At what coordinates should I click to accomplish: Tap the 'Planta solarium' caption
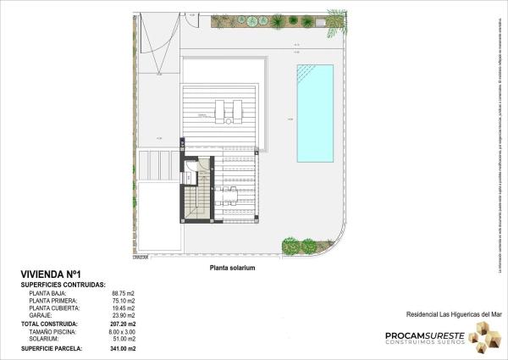coord(232,267)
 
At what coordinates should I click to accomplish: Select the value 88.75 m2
coord(123,293)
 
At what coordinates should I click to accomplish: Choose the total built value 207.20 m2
coord(122,324)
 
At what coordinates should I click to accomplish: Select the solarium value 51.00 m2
coord(123,339)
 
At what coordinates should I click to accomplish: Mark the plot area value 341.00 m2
coord(122,348)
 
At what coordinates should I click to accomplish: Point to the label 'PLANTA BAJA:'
coord(49,293)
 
